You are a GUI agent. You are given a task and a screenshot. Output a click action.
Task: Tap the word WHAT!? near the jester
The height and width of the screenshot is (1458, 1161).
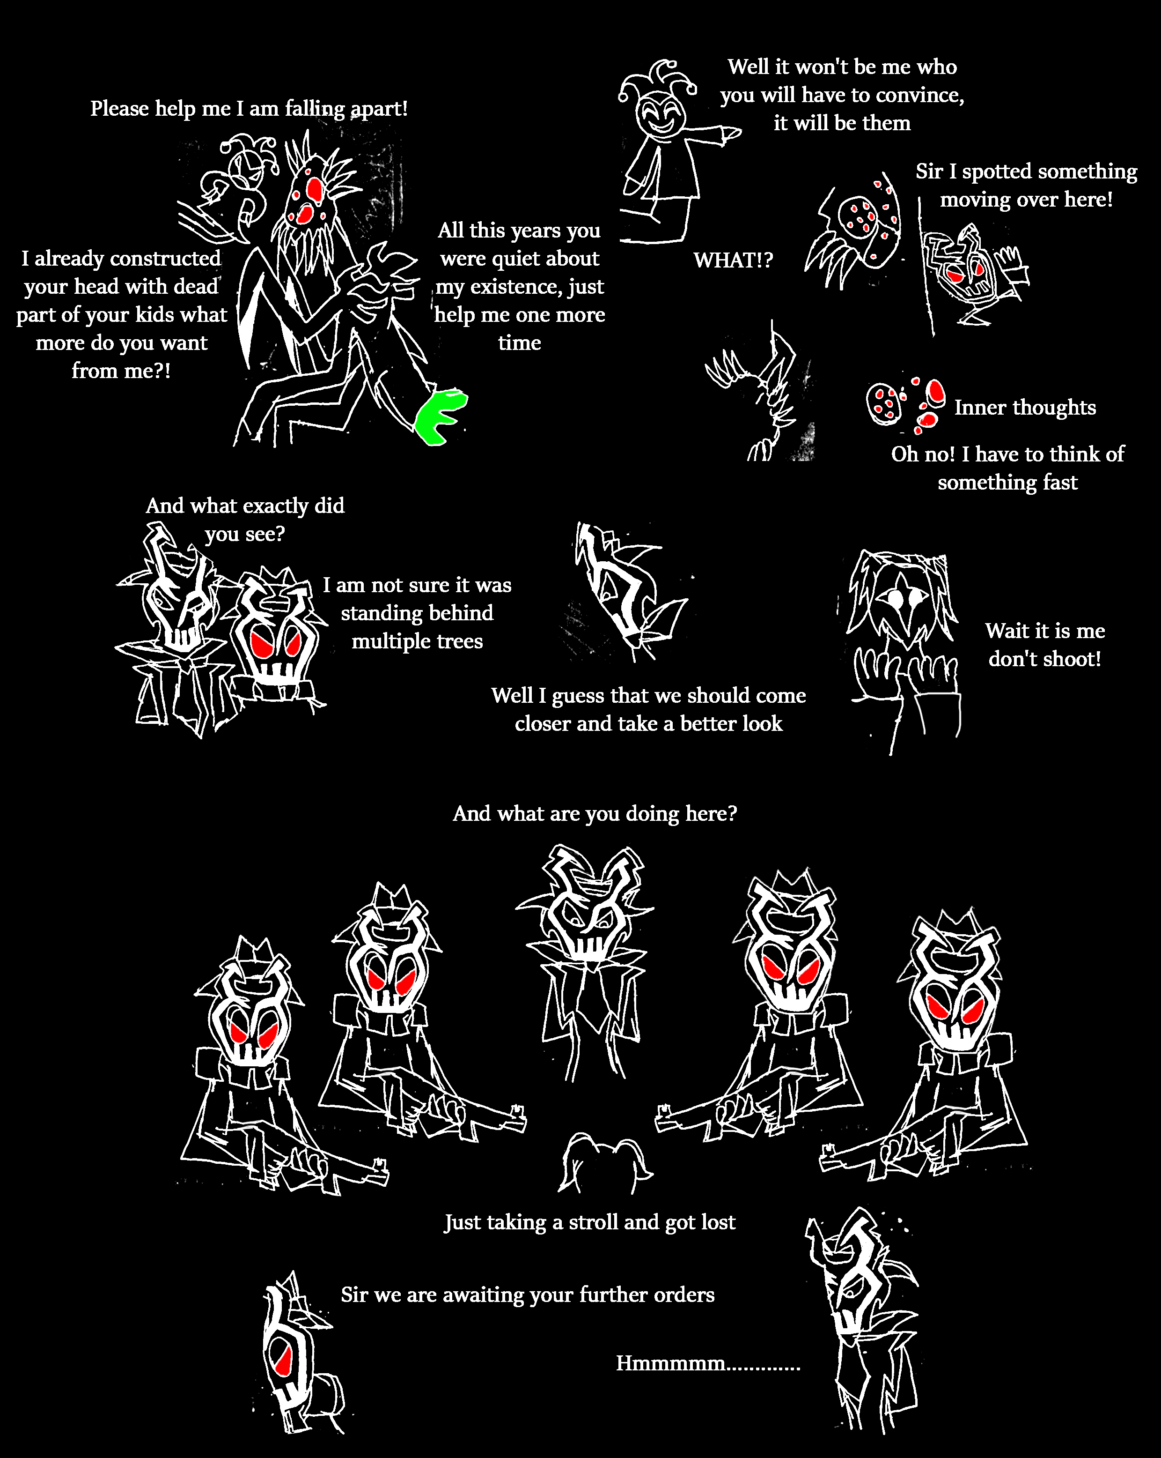point(733,260)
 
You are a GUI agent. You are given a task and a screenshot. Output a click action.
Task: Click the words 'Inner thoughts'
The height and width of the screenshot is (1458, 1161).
point(1024,407)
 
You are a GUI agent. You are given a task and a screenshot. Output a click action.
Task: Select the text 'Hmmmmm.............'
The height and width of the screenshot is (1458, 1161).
point(707,1362)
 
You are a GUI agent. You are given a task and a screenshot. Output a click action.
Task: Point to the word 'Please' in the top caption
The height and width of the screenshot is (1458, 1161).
point(120,108)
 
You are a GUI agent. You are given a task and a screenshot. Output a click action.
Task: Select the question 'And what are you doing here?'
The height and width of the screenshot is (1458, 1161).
point(595,813)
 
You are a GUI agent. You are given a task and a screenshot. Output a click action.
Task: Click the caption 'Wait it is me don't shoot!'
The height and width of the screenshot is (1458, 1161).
point(1045,645)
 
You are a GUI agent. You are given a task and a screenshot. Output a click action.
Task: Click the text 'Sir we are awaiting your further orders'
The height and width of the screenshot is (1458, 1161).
point(527,1294)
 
